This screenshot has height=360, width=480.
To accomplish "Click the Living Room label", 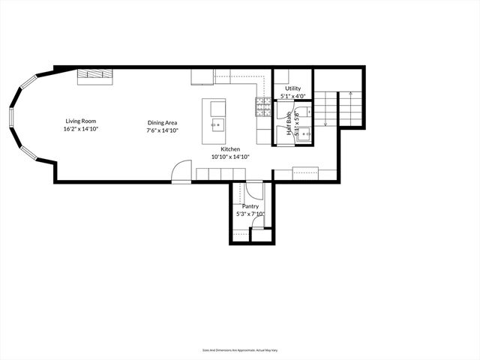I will [80, 121].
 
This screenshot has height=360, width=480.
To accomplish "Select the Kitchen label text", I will [229, 149].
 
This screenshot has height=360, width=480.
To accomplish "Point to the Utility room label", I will [292, 88].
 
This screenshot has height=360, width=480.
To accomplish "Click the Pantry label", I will [250, 205].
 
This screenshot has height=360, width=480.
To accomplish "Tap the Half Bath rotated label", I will [289, 123].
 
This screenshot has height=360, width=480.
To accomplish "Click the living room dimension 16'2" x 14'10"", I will [80, 129].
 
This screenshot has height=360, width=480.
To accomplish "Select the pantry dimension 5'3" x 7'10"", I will [250, 214].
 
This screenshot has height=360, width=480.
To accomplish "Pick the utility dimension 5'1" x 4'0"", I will [292, 96].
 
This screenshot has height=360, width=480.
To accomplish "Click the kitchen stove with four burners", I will [263, 109].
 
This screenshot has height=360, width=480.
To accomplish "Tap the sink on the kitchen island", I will [217, 124].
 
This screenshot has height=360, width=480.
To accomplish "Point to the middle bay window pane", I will [11, 117].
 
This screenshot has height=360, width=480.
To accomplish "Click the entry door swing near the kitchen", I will [181, 172].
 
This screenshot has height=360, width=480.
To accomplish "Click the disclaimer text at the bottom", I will [239, 349].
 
